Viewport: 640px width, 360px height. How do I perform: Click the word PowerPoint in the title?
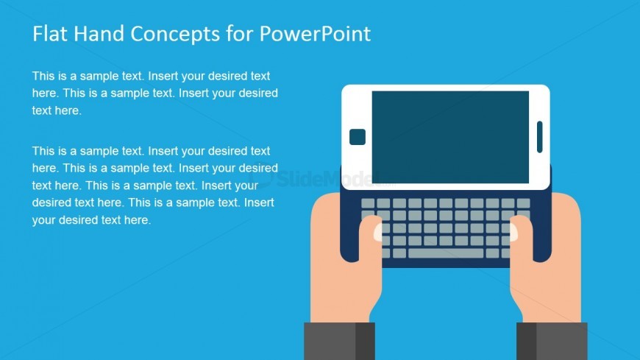pyautogui.click(x=315, y=34)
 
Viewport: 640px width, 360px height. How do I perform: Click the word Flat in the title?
pyautogui.click(x=50, y=34)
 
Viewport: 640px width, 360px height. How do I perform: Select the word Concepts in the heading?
pyautogui.click(x=175, y=35)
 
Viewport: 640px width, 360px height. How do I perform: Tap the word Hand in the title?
pyautogui.click(x=99, y=34)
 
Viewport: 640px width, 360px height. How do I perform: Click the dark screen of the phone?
pyautogui.click(x=450, y=137)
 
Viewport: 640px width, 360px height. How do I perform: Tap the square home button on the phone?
pyautogui.click(x=357, y=137)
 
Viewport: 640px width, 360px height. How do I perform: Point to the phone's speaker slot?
pyautogui.click(x=540, y=137)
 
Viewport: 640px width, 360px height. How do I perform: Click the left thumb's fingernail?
pyautogui.click(x=378, y=232)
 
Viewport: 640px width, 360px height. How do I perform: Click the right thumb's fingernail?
pyautogui.click(x=513, y=232)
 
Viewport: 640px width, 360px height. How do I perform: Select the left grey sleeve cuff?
pyautogui.click(x=339, y=341)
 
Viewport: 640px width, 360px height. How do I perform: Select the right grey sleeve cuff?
pyautogui.click(x=552, y=341)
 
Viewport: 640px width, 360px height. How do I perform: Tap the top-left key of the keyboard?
pyautogui.click(x=368, y=203)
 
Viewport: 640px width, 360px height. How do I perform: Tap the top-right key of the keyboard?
pyautogui.click(x=523, y=203)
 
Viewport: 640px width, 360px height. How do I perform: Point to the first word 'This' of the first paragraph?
pyautogui.click(x=43, y=76)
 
